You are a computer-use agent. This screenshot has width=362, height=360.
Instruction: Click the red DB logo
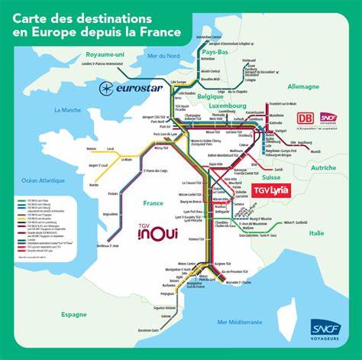[303, 118]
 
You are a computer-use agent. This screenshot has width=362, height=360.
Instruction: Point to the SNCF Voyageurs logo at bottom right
[320, 331]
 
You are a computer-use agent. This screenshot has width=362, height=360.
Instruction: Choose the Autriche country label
[323, 167]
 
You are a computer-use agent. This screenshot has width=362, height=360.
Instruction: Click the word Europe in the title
[74, 32]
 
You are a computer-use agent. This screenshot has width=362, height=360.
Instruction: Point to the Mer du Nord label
[162, 56]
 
